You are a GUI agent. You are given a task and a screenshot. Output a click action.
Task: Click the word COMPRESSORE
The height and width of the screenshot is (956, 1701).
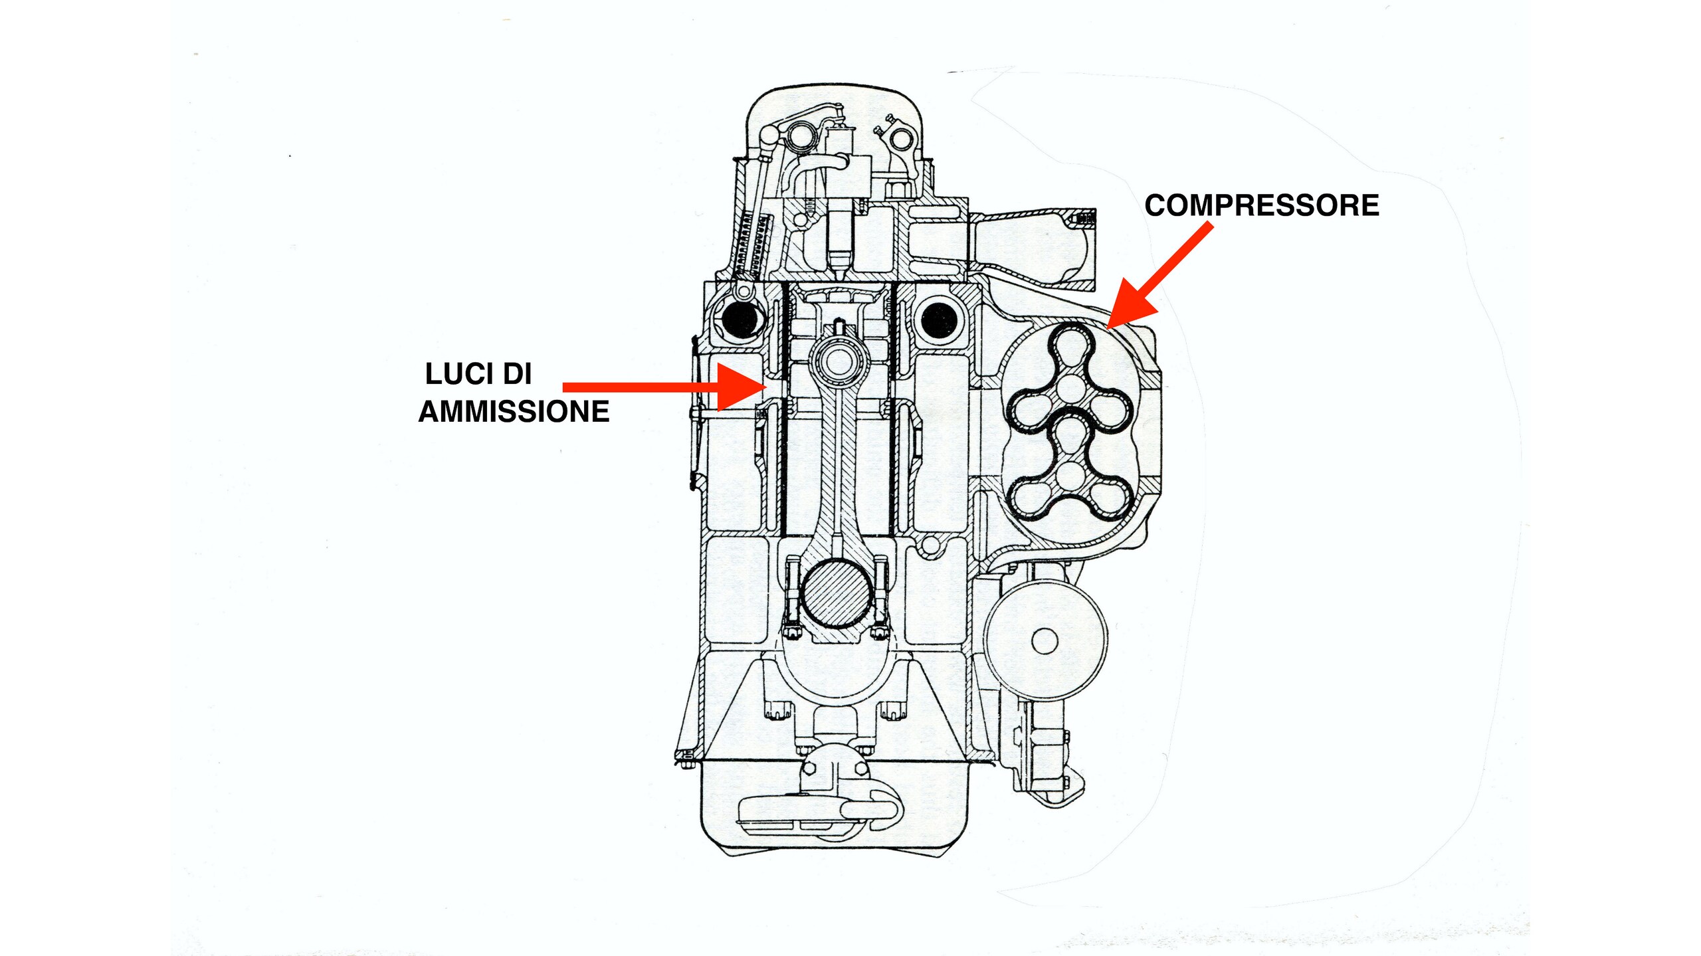[x=1261, y=205]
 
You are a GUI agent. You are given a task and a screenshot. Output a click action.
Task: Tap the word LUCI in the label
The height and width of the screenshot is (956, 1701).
[x=458, y=374]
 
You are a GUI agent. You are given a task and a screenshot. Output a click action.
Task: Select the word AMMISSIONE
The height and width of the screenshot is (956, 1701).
[x=514, y=411]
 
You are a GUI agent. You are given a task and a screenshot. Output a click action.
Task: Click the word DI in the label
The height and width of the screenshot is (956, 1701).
[x=517, y=374]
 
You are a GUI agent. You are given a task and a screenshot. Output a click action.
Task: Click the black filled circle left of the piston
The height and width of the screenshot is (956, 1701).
[x=742, y=322]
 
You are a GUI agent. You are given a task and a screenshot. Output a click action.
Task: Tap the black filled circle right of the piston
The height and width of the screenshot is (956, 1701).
[x=939, y=321]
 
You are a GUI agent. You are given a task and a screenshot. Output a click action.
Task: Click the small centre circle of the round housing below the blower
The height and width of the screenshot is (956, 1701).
[x=1044, y=641]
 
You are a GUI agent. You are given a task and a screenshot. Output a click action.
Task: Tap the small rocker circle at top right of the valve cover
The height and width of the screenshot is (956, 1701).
[x=901, y=139]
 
